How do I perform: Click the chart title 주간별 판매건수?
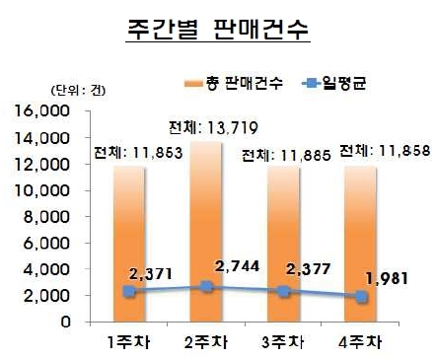point(218,30)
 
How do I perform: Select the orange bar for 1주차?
point(129,244)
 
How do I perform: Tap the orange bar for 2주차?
point(206,232)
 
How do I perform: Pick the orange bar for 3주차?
point(283,244)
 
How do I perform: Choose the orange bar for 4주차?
point(361,244)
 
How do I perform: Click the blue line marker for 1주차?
point(129,291)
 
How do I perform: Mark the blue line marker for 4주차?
point(361,297)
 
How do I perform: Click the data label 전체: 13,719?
point(213,127)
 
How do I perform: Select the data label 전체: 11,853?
point(138,153)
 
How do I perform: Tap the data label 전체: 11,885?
point(286,155)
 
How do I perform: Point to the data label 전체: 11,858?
point(385,151)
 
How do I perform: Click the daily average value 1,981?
point(387,279)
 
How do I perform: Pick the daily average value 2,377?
point(308,269)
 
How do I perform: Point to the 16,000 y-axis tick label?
point(41,111)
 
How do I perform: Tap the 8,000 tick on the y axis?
point(46,217)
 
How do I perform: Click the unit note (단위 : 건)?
point(78,91)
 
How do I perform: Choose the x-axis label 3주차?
point(283,342)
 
